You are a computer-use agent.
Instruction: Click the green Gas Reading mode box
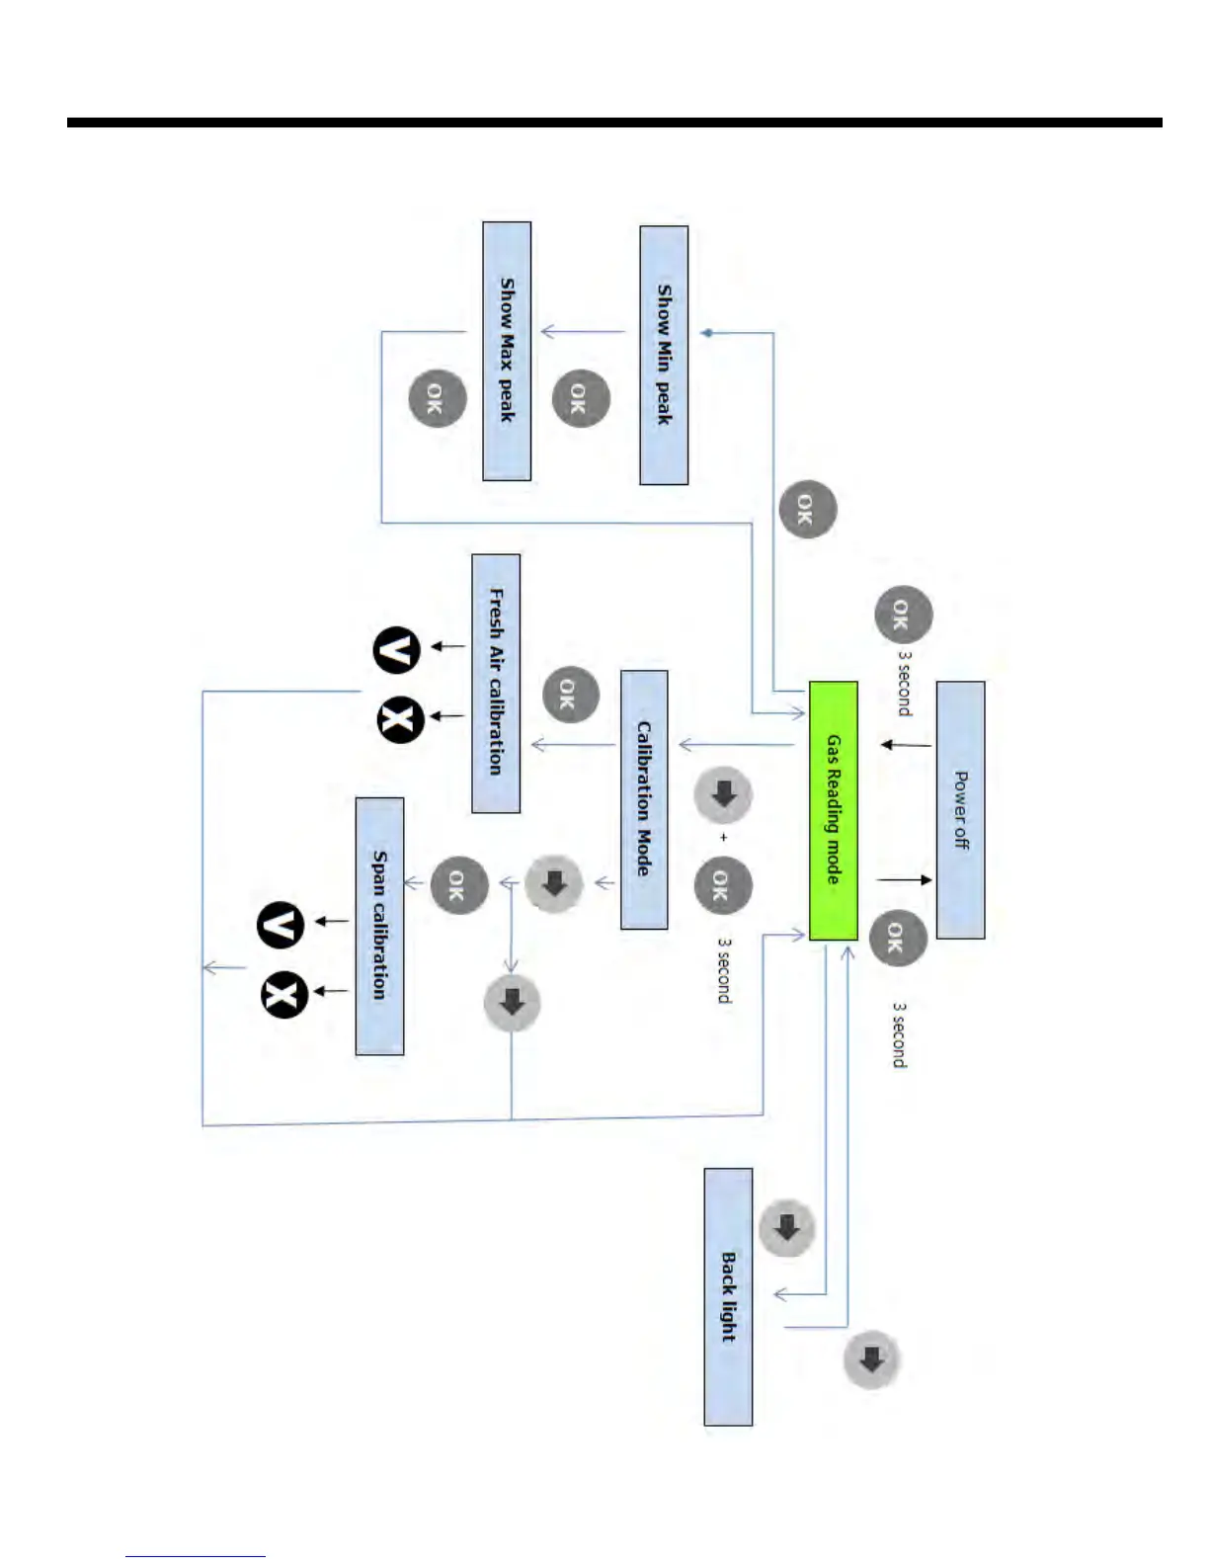pos(833,810)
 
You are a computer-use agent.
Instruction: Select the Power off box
pos(960,810)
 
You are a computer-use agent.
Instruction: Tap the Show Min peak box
pos(664,355)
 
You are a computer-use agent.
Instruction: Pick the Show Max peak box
pos(507,351)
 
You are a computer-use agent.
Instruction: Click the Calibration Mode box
pos(644,799)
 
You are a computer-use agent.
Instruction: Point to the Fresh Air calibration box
pos(496,683)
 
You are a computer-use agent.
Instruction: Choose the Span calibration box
pos(379,926)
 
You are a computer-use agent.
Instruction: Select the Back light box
pos(728,1296)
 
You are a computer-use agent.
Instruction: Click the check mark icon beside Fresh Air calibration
pos(396,650)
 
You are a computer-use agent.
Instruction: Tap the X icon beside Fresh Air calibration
pos(401,720)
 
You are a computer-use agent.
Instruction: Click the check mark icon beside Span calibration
pos(281,926)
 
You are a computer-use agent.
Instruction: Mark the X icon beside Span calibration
pos(284,994)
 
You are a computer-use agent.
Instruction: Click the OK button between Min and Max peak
pos(580,398)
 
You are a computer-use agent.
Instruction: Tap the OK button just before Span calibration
pos(459,884)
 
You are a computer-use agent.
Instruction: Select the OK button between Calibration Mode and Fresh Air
pos(571,694)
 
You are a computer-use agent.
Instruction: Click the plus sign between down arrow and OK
pos(724,838)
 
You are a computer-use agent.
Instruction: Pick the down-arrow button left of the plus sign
pos(723,794)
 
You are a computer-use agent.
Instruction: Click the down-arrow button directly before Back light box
pos(786,1228)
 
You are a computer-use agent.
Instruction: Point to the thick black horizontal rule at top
pos(614,124)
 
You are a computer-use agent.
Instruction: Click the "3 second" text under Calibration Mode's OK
pos(724,971)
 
